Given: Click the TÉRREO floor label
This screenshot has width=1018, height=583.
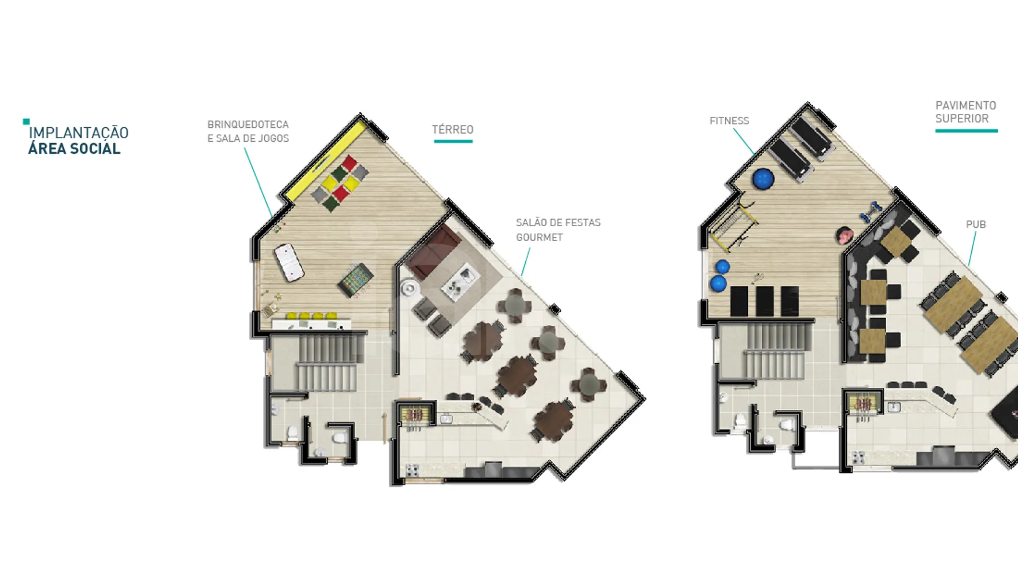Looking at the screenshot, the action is pyautogui.click(x=452, y=130).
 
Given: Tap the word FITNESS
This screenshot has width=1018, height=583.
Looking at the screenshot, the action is pyautogui.click(x=729, y=121).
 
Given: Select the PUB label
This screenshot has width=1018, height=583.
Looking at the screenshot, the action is pyautogui.click(x=976, y=224).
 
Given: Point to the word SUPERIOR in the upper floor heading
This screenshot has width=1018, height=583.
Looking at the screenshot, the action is pyautogui.click(x=962, y=119).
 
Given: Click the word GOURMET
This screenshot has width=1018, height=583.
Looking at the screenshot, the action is pyautogui.click(x=539, y=237).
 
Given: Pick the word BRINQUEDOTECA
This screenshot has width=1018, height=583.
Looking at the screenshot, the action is pyautogui.click(x=248, y=124).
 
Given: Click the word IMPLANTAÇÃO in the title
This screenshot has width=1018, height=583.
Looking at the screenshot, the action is pyautogui.click(x=79, y=132).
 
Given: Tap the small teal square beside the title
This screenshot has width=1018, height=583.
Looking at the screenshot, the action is pyautogui.click(x=26, y=121).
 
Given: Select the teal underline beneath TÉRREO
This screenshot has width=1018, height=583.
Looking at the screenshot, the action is pyautogui.click(x=453, y=141).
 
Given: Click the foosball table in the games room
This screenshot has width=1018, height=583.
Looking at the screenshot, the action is pyautogui.click(x=356, y=279).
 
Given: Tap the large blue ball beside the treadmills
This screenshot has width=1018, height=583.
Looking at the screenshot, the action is pyautogui.click(x=763, y=179).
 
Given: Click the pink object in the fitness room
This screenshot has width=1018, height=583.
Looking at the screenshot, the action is pyautogui.click(x=844, y=235).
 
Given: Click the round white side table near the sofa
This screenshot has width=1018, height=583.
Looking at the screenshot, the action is pyautogui.click(x=409, y=287).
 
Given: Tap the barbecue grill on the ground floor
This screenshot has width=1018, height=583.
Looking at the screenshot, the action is pyautogui.click(x=414, y=415).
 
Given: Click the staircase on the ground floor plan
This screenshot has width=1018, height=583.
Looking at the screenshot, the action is pyautogui.click(x=327, y=363).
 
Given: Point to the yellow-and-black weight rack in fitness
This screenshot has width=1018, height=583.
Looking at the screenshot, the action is pyautogui.click(x=733, y=226).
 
